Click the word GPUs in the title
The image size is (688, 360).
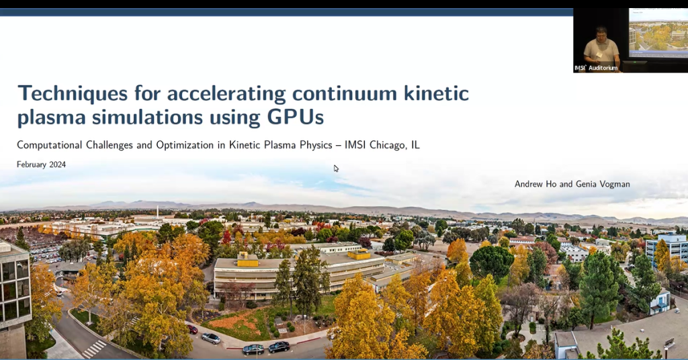click(295, 117)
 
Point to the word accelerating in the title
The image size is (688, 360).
click(222, 93)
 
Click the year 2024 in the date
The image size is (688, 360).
click(56, 165)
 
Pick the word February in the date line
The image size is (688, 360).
click(31, 165)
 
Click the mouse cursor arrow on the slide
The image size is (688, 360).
click(336, 168)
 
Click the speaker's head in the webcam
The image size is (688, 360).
click(601, 33)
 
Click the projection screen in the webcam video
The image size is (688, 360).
click(658, 32)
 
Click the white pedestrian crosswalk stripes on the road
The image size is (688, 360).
click(93, 349)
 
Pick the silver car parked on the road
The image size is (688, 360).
click(210, 338)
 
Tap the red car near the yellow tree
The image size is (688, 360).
click(193, 329)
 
